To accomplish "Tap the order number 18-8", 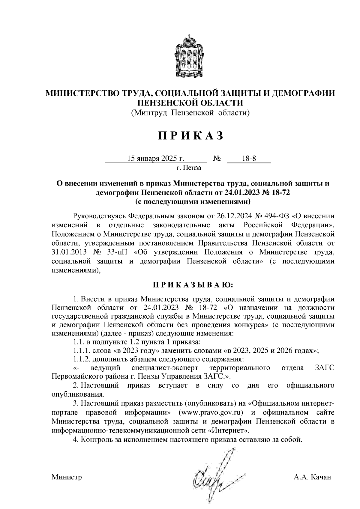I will (249, 159).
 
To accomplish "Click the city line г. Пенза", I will (189, 168).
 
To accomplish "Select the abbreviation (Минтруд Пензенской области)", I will (190, 113).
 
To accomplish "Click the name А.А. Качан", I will (312, 477).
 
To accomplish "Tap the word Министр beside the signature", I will (67, 477).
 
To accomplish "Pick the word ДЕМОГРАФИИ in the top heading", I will (304, 93).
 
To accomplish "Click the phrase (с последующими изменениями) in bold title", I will (193, 201).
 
